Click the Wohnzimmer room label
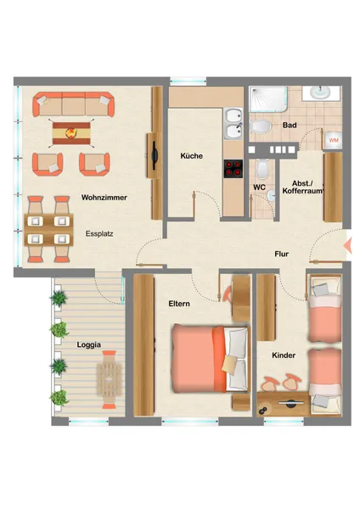[x=104, y=198]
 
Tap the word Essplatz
[x=99, y=234]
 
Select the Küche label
[x=192, y=156]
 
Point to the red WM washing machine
[x=334, y=140]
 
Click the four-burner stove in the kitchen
[x=233, y=169]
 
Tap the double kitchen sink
[x=233, y=124]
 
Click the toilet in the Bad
[x=261, y=126]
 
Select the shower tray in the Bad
[x=268, y=99]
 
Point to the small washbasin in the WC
[x=271, y=196]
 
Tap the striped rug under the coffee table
[x=71, y=133]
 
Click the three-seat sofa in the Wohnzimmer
[x=73, y=104]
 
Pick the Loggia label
[x=88, y=344]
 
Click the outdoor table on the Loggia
[x=110, y=379]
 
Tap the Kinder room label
[x=284, y=355]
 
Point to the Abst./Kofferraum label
[x=303, y=187]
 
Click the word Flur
[x=281, y=255]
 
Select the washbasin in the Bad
[x=320, y=92]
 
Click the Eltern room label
[x=179, y=304]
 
